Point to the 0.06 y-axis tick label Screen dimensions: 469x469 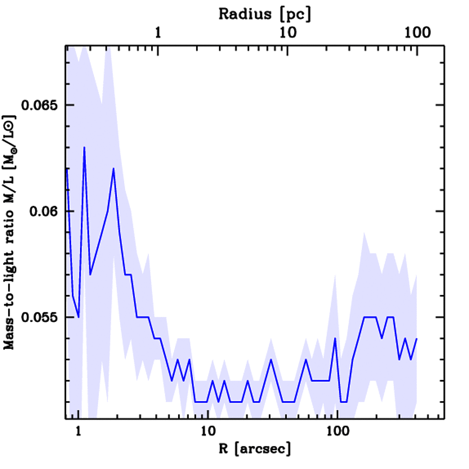coord(46,211)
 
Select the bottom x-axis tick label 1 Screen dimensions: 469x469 coord(78,431)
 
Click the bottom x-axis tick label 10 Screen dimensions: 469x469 coord(207,431)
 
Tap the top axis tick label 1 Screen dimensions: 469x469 coord(158,33)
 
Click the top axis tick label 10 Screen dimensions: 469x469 coord(287,33)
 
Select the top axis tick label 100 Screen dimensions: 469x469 coord(416,33)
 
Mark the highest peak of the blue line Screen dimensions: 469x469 coord(84,147)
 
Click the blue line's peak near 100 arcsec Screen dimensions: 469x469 coord(335,338)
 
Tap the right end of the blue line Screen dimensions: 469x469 coord(417,338)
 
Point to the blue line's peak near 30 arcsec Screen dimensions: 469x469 coord(271,360)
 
